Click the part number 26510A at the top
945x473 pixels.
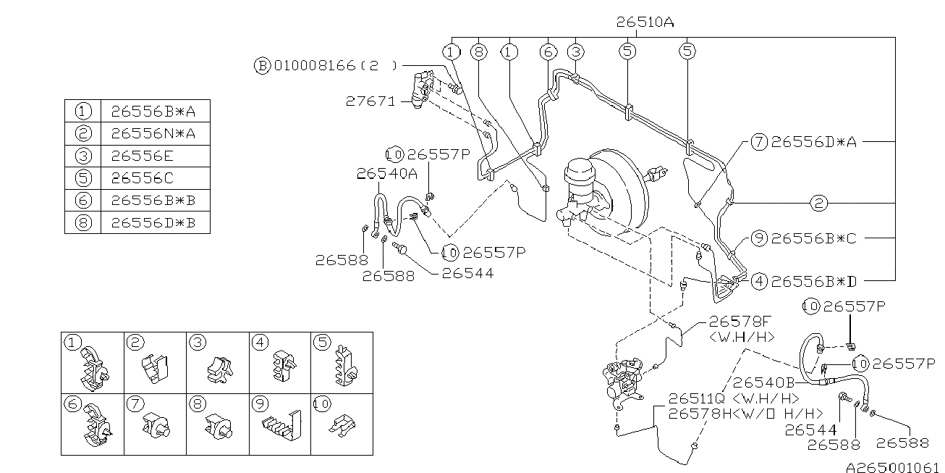point(645,22)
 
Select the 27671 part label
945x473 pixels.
point(370,101)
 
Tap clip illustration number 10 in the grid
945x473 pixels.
point(342,425)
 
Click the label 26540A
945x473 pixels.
point(387,174)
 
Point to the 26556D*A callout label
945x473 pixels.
point(814,142)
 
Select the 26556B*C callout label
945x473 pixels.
point(814,238)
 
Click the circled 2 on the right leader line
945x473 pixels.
point(819,203)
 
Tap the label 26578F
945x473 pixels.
point(740,322)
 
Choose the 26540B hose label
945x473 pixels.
point(763,382)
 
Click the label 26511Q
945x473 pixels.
point(697,398)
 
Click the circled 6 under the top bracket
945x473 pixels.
point(548,52)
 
